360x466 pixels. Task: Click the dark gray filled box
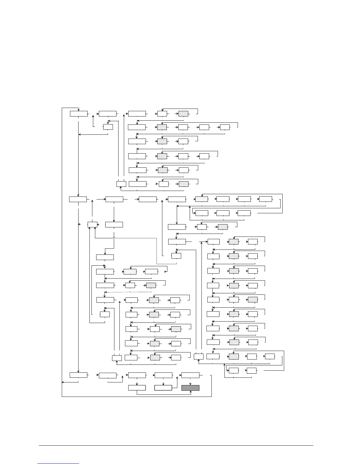[190, 388]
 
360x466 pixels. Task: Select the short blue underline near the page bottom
[59, 463]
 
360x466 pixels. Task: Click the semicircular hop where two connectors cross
[114, 238]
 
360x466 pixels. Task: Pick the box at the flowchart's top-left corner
[79, 114]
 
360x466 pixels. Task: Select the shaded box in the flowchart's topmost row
[183, 114]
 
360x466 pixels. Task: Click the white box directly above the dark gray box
[190, 375]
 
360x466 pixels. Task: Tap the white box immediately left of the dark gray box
[163, 388]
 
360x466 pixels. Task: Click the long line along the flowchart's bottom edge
[136, 397]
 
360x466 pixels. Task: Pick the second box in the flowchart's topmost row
[107, 114]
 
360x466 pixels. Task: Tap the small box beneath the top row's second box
[108, 127]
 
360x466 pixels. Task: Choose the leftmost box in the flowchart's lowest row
[137, 388]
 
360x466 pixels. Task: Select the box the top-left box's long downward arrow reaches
[78, 199]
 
